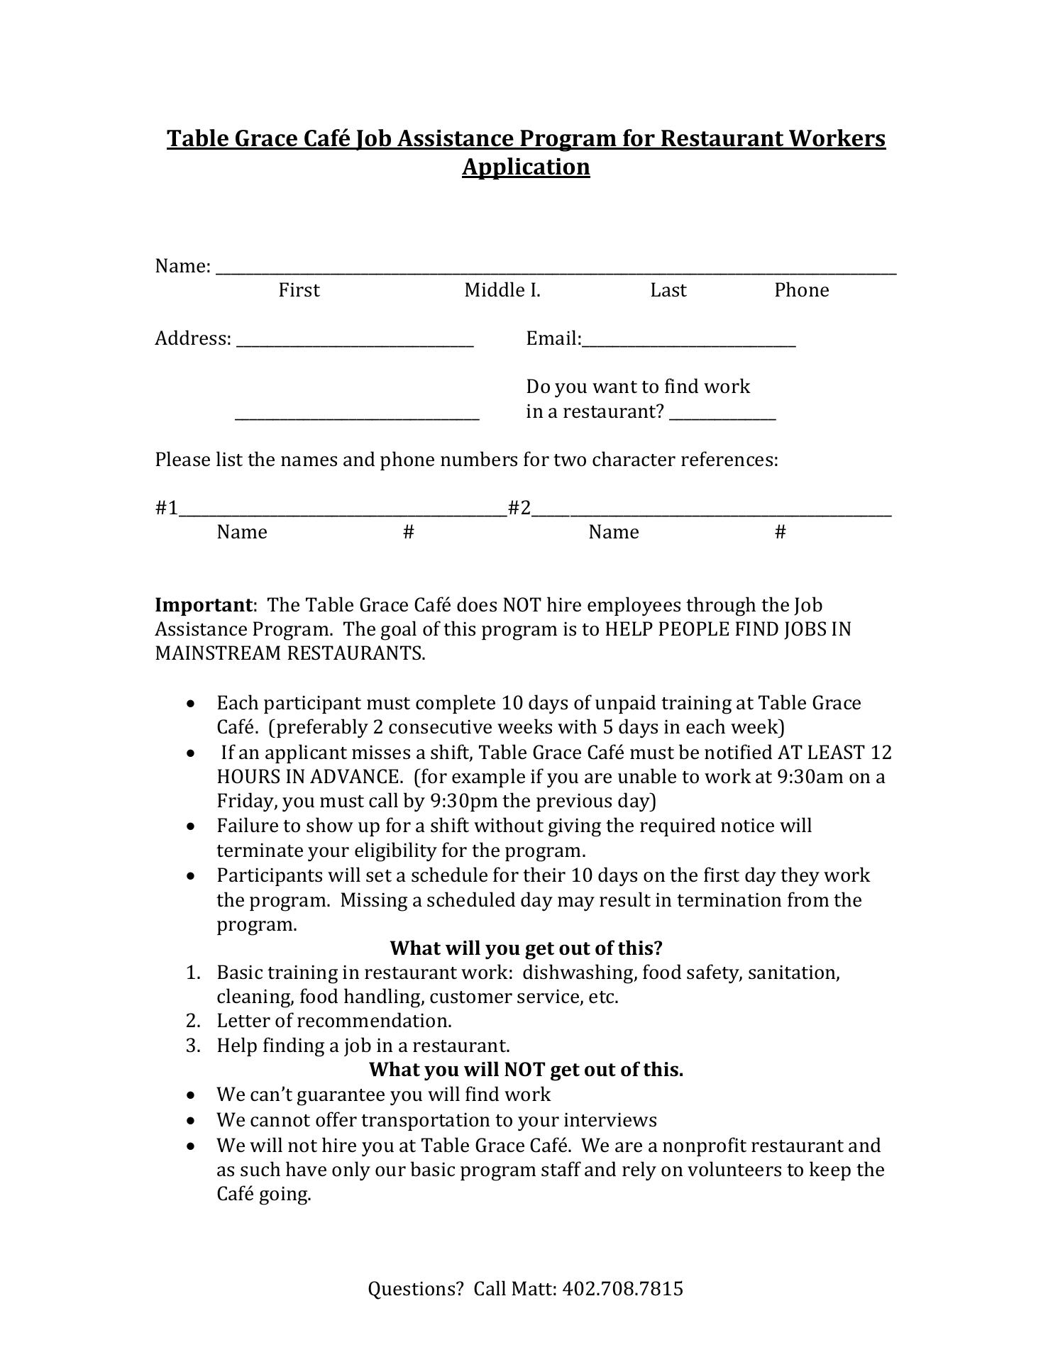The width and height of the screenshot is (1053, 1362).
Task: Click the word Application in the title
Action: pos(526,167)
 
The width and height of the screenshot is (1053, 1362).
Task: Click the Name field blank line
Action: pos(556,270)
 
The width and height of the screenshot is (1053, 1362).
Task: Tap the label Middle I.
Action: pos(502,290)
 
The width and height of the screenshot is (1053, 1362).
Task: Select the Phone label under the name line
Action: pos(801,290)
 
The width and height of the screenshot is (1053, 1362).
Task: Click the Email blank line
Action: pos(688,344)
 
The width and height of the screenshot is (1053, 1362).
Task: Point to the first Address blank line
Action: pos(355,344)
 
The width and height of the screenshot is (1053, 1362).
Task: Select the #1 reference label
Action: pos(166,508)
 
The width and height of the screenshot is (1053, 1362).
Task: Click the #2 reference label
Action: pos(519,508)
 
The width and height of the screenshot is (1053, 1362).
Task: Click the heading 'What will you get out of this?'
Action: pos(526,948)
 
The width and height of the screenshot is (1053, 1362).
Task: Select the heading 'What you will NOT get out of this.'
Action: pos(526,1069)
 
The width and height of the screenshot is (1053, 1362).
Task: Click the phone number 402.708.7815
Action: pos(622,1289)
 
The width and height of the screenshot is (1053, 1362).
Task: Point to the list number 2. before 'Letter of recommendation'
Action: pos(194,1021)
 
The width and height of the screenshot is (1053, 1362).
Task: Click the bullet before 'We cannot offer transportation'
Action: pos(191,1121)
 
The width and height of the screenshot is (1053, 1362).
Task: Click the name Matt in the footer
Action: pos(534,1289)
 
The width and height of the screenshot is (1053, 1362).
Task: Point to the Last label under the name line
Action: pos(668,290)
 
